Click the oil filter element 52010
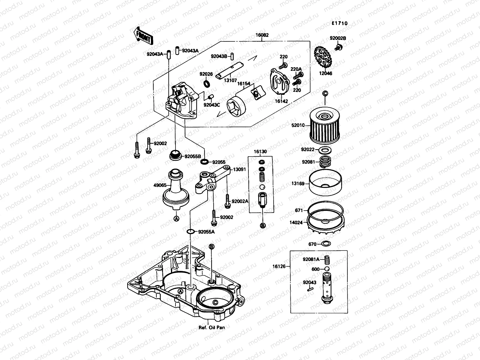coord(325,126)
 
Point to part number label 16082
coord(262,35)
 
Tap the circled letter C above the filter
coord(325,94)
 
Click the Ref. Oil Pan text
coord(211,327)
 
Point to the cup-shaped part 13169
coord(325,183)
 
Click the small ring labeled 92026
coord(207,83)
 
